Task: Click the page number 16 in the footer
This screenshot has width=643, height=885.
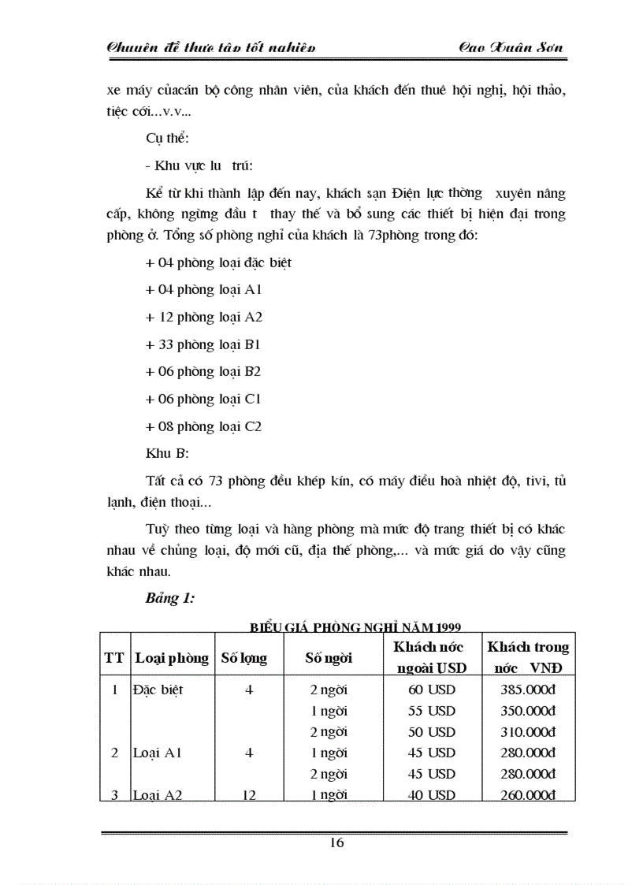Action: pos(336,842)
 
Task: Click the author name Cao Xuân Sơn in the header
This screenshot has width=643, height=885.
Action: pos(511,48)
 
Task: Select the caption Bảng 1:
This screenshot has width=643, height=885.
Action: pos(169,598)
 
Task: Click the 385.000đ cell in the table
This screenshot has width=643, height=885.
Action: pos(528,690)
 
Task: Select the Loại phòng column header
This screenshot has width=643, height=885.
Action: pos(172,658)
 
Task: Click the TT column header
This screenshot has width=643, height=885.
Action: pos(114,658)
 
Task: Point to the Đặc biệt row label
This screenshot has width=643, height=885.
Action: pos(158,690)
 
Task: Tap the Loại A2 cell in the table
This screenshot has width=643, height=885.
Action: pos(158,795)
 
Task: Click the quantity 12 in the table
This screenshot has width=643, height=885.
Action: pos(249,795)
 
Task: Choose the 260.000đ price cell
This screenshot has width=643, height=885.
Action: pos(528,795)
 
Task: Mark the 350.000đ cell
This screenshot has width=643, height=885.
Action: pos(528,711)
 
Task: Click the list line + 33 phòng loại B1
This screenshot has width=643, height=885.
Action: pos(203,344)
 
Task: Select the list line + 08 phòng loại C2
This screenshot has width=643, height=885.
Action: pos(203,426)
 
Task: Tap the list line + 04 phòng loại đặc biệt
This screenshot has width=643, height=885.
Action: pos(218,262)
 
